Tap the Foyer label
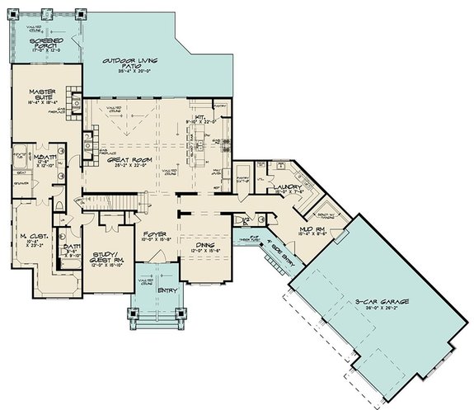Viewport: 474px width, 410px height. click(156, 234)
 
